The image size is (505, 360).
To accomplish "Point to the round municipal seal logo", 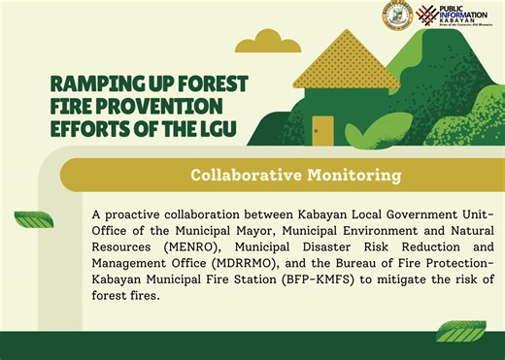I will click(398, 16).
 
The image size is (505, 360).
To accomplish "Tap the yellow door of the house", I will click(322, 127).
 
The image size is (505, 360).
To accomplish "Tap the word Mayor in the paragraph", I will click(267, 230).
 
